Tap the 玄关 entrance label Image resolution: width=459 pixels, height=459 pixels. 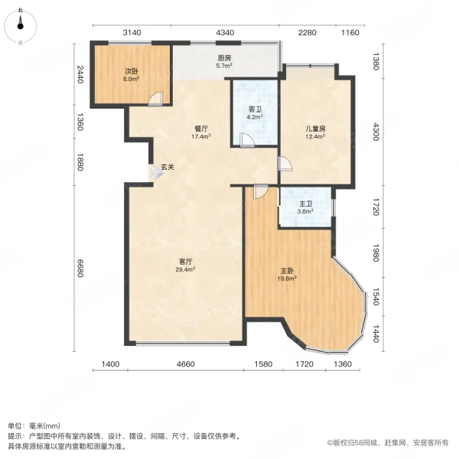pos(167,168)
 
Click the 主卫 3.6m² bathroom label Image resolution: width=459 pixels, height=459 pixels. pos(306,207)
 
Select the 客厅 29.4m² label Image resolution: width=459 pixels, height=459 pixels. pos(184,265)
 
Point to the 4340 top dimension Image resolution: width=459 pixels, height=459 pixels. pos(225,32)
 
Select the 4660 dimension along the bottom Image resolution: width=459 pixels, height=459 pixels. pos(185,364)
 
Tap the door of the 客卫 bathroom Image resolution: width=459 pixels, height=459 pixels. pos(246,139)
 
